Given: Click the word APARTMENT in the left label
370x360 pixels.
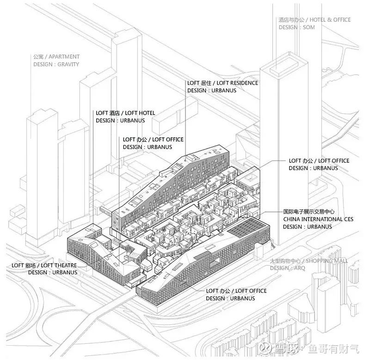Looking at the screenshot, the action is click(x=63, y=57).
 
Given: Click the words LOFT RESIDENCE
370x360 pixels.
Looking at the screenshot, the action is click(x=236, y=83).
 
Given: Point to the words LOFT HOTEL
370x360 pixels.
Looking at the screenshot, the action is click(x=140, y=113).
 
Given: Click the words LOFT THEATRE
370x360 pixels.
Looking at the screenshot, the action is click(x=59, y=265).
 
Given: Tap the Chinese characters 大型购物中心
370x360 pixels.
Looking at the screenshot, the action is click(x=287, y=261).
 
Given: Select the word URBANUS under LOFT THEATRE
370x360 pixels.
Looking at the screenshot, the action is click(x=64, y=273).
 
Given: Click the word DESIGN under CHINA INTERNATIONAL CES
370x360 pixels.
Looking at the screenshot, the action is click(x=293, y=227).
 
